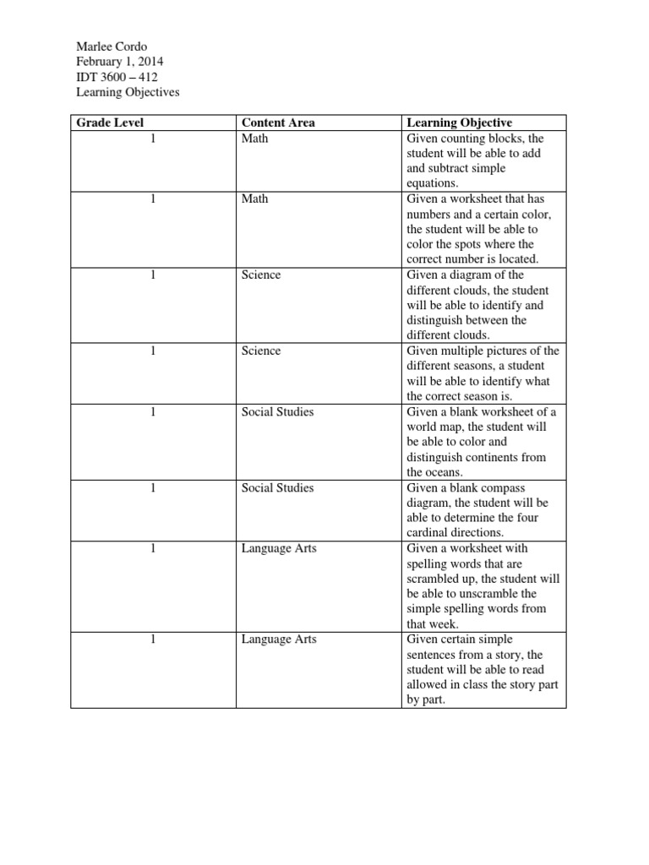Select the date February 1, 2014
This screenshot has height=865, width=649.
pyautogui.click(x=120, y=62)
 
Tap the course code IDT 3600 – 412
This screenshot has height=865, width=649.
pyautogui.click(x=117, y=77)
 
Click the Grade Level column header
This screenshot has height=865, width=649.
pyautogui.click(x=111, y=122)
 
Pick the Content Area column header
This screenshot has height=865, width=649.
pyautogui.click(x=278, y=122)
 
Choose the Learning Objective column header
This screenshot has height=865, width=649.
pyautogui.click(x=460, y=122)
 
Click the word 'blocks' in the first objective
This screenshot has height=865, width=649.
pyautogui.click(x=502, y=138)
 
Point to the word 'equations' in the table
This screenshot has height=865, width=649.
pyautogui.click(x=431, y=183)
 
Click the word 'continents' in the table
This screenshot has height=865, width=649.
pyautogui.click(x=514, y=457)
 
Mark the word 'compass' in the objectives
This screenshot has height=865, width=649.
pyautogui.click(x=495, y=487)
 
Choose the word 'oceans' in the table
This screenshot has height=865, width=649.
pyautogui.click(x=448, y=472)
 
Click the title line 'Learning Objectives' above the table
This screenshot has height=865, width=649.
pyautogui.click(x=128, y=92)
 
